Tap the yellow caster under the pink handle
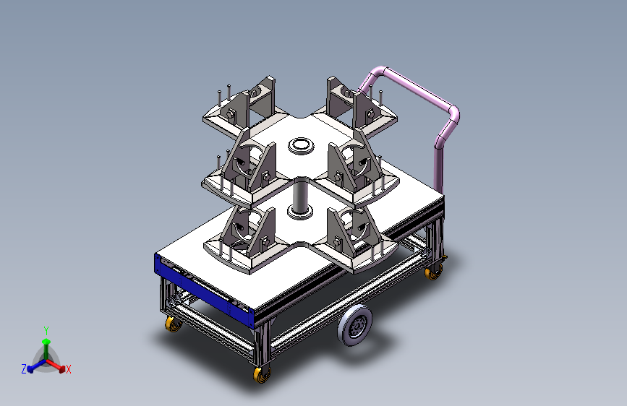click(x=433, y=273)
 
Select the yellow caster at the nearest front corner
click(x=262, y=375)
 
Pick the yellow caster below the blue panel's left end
click(x=173, y=324)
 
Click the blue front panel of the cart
click(x=204, y=291)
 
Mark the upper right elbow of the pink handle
click(x=455, y=114)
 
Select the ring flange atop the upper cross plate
click(x=301, y=145)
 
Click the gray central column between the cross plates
click(x=301, y=194)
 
